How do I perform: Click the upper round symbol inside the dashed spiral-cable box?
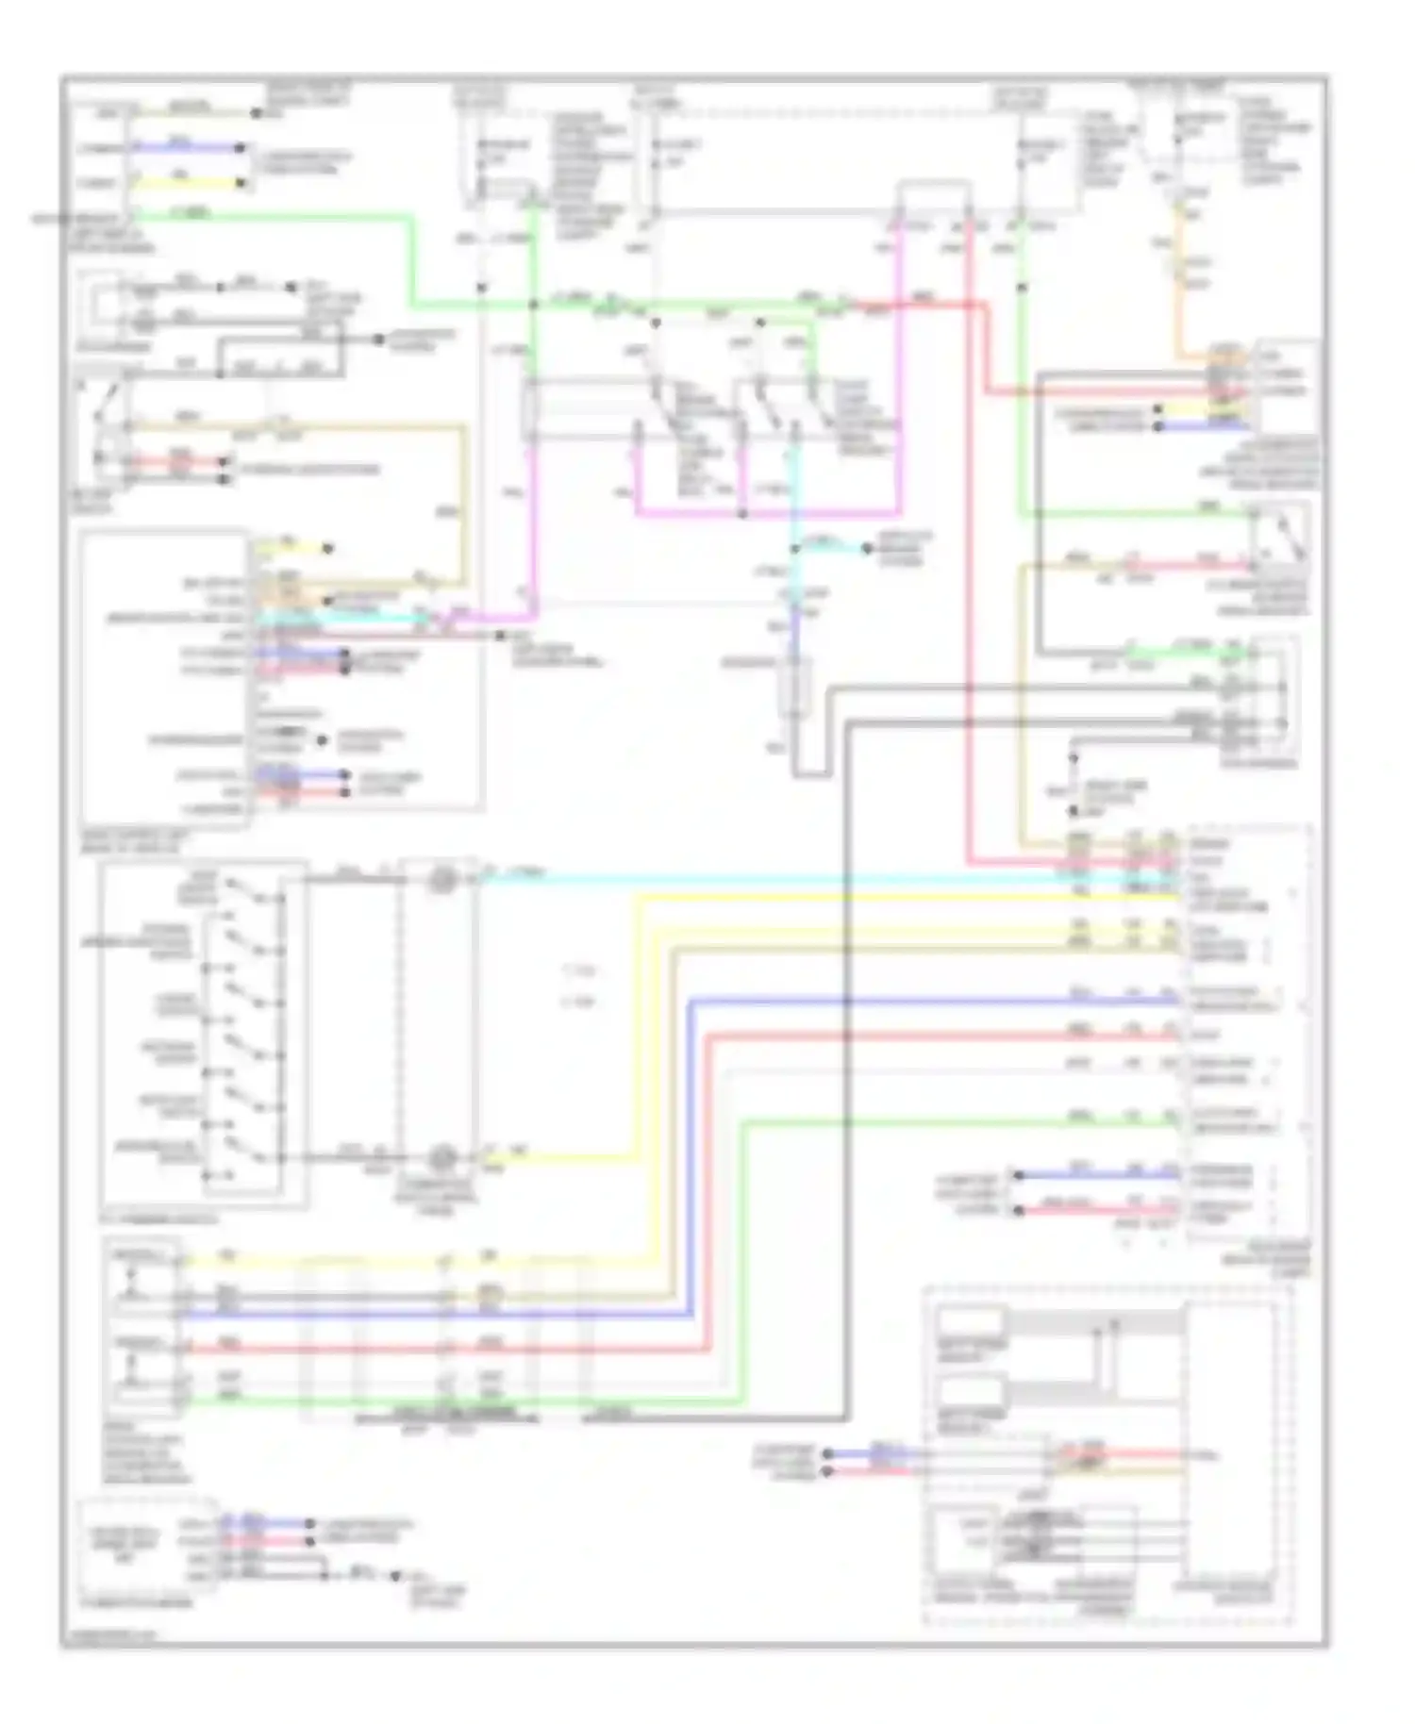(x=440, y=880)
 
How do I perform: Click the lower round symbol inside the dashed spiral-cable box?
(x=440, y=1157)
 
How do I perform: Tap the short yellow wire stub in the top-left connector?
(x=189, y=183)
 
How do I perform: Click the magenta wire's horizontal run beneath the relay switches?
(x=764, y=515)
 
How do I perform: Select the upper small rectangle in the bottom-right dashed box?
(x=971, y=1321)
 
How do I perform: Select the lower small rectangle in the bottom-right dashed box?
(x=971, y=1390)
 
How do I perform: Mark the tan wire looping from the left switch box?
(x=463, y=500)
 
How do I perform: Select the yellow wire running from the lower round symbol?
(x=566, y=1157)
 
